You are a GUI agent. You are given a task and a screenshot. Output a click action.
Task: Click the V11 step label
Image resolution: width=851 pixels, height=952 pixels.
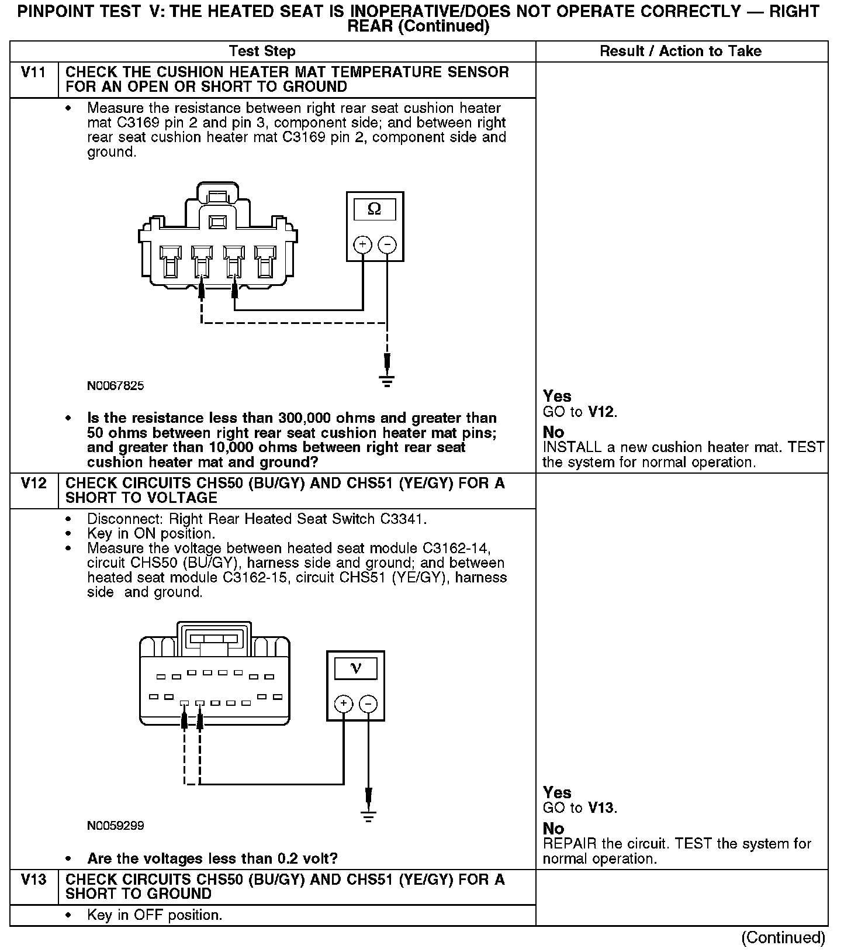tap(33, 72)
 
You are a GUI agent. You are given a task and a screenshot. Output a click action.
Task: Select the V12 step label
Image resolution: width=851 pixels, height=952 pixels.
tap(33, 483)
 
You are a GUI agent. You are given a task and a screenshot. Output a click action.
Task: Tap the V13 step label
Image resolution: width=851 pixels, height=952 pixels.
tap(33, 879)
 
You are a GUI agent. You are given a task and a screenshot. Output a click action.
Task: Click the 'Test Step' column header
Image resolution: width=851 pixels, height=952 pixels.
tap(262, 51)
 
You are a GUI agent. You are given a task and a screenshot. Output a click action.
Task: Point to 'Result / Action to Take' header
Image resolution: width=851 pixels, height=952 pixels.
tap(680, 51)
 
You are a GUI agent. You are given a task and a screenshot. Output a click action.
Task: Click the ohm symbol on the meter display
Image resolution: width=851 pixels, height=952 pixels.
tap(375, 209)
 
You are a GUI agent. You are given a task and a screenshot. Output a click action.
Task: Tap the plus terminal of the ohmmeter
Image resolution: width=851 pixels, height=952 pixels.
tap(362, 244)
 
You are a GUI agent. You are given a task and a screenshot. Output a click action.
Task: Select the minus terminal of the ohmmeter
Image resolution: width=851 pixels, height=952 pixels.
tap(387, 244)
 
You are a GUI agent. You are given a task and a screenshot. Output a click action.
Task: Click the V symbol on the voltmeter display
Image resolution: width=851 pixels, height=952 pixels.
tap(355, 668)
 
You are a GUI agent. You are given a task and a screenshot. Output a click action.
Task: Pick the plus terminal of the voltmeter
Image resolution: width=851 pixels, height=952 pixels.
tap(344, 703)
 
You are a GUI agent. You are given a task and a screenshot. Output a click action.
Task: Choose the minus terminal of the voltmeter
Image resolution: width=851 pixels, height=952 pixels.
tap(368, 703)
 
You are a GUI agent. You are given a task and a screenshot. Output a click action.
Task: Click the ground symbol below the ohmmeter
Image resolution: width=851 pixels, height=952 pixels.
tap(386, 381)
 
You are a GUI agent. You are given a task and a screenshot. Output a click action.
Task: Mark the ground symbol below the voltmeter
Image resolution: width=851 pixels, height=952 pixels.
tap(368, 816)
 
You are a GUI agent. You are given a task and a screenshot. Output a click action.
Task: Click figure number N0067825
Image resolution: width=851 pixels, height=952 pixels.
tap(115, 386)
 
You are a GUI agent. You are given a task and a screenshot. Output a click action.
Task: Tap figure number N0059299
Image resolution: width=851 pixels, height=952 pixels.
tap(115, 826)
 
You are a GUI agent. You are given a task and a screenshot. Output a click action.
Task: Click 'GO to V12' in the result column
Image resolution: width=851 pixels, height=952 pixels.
tap(580, 412)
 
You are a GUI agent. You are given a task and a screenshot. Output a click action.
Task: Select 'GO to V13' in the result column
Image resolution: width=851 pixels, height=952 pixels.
tap(580, 808)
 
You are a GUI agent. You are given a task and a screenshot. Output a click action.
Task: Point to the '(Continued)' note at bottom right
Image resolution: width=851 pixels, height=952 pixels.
tap(783, 938)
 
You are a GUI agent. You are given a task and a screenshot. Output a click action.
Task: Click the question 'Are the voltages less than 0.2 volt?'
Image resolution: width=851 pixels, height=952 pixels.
tap(212, 858)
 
